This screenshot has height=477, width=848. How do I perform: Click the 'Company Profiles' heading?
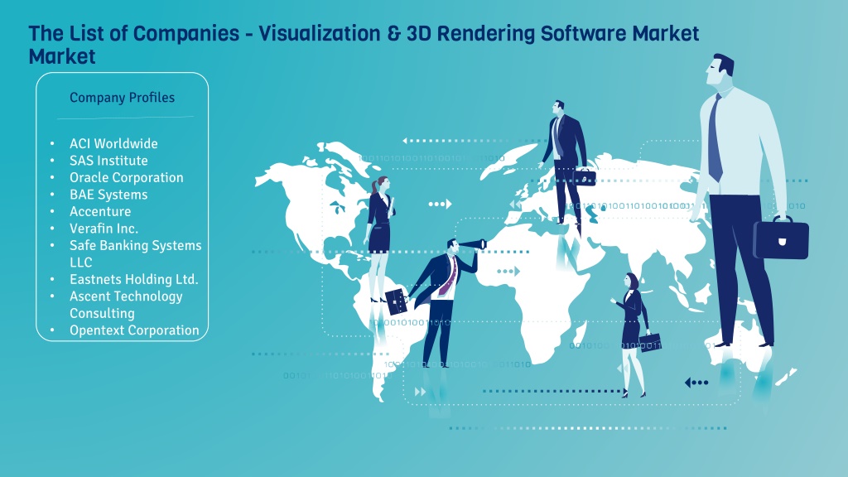(x=123, y=98)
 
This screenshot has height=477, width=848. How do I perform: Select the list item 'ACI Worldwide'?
(x=113, y=144)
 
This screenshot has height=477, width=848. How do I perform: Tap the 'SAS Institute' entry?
(x=108, y=161)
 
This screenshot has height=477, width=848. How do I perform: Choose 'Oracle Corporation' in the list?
(x=127, y=177)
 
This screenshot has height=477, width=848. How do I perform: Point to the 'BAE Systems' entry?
(x=108, y=195)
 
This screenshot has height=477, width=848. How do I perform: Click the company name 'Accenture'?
(x=100, y=211)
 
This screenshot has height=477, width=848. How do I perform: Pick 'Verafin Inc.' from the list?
(x=104, y=229)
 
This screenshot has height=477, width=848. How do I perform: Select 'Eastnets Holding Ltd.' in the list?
(x=133, y=279)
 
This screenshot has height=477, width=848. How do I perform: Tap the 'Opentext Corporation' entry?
(x=134, y=330)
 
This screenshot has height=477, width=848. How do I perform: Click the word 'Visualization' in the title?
(x=320, y=33)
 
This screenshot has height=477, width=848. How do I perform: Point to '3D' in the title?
(x=418, y=33)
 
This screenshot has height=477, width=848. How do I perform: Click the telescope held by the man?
(x=472, y=244)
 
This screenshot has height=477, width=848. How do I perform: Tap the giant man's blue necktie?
(x=715, y=138)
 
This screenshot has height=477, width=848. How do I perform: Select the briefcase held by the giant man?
(x=781, y=237)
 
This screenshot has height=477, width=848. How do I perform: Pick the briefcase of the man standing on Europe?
(x=584, y=176)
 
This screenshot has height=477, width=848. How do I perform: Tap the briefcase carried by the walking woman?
(x=650, y=342)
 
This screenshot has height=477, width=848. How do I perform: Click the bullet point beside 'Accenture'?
(x=52, y=211)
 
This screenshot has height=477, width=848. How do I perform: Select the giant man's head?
(x=721, y=70)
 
